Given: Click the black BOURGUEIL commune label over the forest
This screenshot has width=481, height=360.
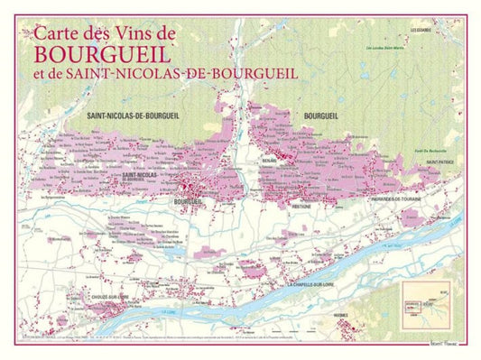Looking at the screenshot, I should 321,116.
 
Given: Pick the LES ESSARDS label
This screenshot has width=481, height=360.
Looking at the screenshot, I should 421,29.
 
